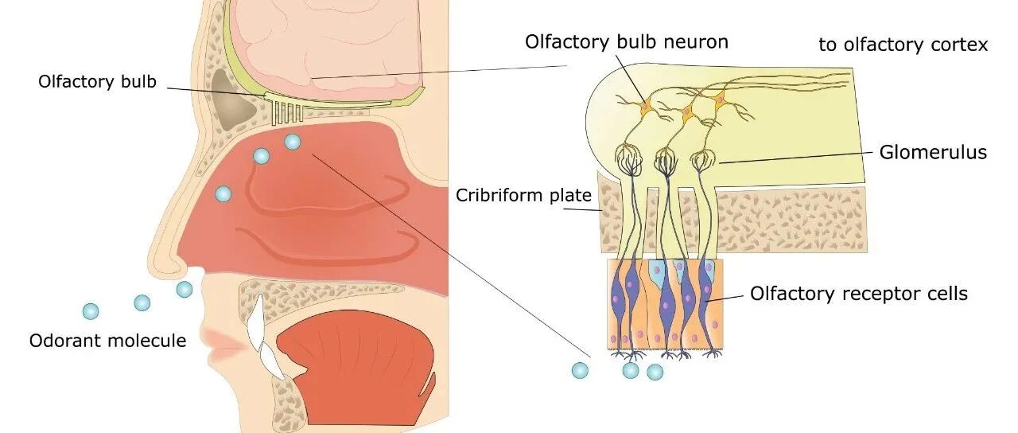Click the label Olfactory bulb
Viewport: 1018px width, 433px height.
pyautogui.click(x=97, y=82)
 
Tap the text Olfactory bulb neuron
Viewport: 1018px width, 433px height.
pyautogui.click(x=627, y=42)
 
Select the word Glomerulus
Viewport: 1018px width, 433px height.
pyautogui.click(x=933, y=152)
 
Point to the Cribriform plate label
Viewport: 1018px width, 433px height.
pyautogui.click(x=523, y=196)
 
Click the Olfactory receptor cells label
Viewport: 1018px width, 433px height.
pyautogui.click(x=858, y=294)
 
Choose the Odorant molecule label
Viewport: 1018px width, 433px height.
pyautogui.click(x=107, y=341)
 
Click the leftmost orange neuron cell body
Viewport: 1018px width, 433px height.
pyautogui.click(x=646, y=107)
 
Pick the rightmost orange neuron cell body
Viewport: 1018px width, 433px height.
pyautogui.click(x=720, y=99)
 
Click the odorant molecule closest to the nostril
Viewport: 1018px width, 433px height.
pyautogui.click(x=184, y=289)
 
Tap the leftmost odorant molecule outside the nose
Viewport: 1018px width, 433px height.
pyautogui.click(x=91, y=311)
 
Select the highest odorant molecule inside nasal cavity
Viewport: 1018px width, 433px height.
pyautogui.click(x=292, y=142)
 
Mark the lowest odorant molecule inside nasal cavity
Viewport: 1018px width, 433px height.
pyautogui.click(x=223, y=194)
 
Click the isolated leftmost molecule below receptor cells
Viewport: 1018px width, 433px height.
pyautogui.click(x=580, y=371)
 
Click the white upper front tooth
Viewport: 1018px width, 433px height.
pyautogui.click(x=257, y=321)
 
